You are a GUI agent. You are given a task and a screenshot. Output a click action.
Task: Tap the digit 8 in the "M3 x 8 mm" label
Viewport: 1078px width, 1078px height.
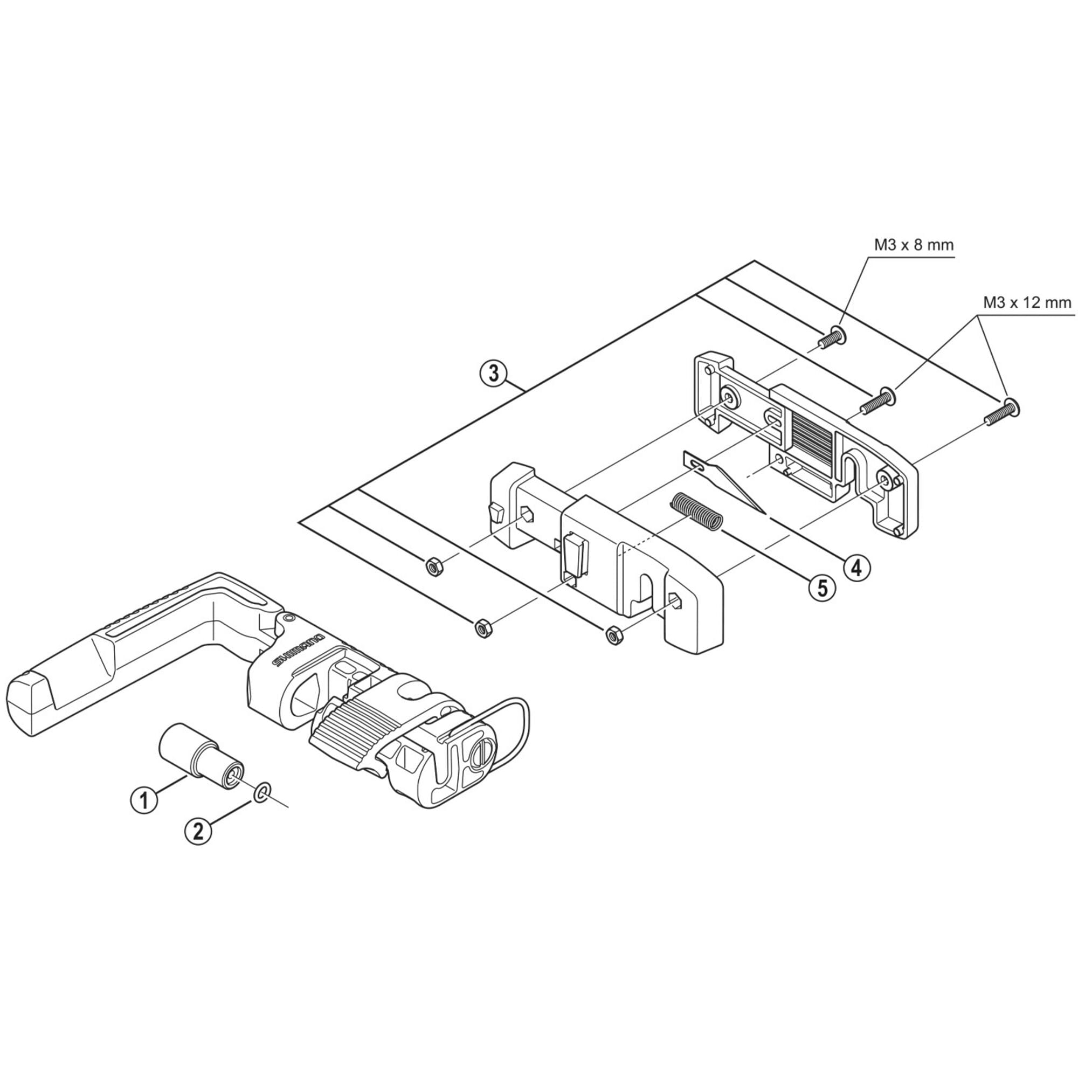coord(916,245)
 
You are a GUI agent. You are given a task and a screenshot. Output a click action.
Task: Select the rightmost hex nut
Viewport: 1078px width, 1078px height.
coord(613,635)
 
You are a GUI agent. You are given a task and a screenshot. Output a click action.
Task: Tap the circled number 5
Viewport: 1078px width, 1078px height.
coord(823,586)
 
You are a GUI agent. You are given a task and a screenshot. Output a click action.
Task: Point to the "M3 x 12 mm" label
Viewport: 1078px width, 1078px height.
coord(1027,303)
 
